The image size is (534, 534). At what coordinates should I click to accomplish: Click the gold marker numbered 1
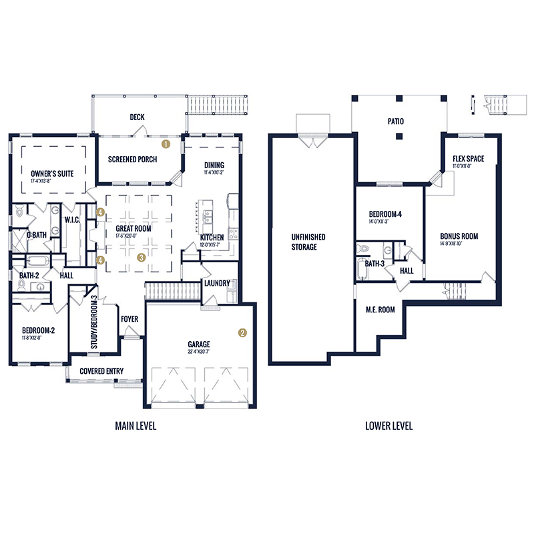166,143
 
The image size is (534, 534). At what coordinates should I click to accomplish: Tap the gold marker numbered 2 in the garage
243,332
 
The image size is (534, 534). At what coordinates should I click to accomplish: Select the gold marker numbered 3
142,256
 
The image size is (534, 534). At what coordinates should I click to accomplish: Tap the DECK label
137,117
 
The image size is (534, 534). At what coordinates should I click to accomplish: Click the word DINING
214,165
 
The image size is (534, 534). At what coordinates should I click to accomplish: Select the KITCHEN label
212,237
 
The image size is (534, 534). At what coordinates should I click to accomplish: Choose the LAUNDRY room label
218,283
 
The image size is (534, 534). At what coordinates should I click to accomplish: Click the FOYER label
129,319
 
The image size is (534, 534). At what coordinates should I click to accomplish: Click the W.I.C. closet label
72,219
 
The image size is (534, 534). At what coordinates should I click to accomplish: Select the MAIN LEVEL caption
136,425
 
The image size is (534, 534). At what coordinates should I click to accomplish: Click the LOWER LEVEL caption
389,425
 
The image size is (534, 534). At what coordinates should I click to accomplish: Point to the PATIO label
396,122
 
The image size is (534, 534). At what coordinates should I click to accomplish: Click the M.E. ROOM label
380,309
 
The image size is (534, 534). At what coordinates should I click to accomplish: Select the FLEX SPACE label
468,158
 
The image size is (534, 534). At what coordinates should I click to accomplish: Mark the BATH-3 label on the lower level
375,264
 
